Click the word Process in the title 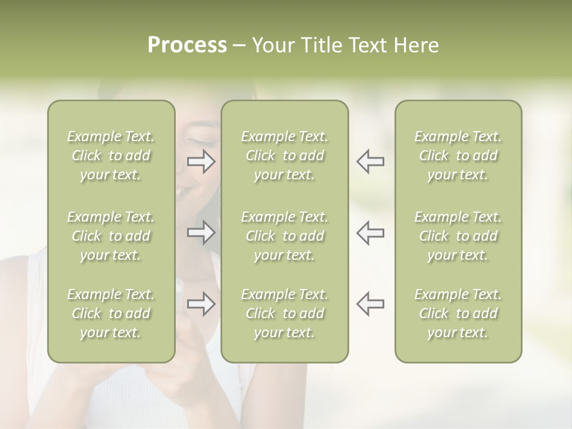187,45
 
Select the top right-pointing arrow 201,161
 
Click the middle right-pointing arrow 201,232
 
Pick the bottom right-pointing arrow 201,304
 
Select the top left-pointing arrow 370,161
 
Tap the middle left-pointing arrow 370,232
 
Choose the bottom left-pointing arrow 370,304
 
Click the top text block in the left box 111,156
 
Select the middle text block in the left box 111,236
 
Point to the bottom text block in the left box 111,313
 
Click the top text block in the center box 285,156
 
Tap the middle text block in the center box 285,236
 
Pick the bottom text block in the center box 285,313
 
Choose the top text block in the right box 458,156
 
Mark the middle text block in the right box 458,236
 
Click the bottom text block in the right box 458,313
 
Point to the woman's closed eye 197,141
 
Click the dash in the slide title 240,46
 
